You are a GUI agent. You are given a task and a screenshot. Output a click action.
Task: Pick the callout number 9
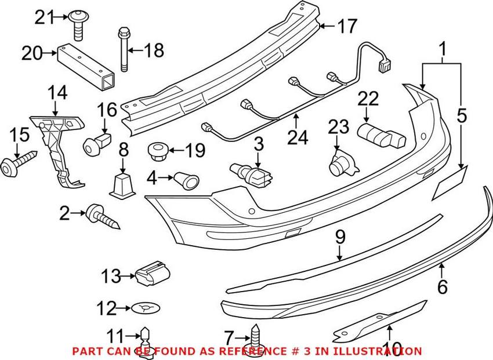(x=340, y=237)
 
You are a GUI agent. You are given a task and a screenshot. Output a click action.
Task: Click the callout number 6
(x=443, y=287)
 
